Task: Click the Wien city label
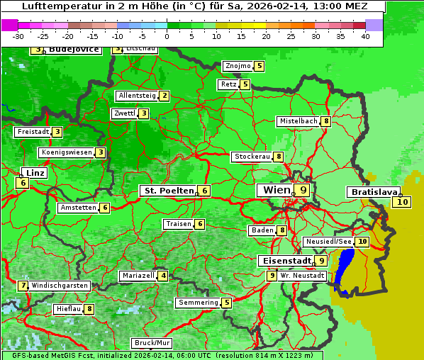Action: point(277,190)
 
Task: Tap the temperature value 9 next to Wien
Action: point(303,190)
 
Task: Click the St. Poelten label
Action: point(167,191)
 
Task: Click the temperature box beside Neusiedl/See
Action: point(362,242)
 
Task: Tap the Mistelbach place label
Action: point(298,121)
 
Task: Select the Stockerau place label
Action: point(252,157)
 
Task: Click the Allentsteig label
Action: point(137,96)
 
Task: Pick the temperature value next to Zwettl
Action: point(144,113)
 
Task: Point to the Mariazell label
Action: point(138,276)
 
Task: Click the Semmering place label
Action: point(199,303)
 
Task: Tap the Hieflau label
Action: point(68,309)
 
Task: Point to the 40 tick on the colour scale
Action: point(365,35)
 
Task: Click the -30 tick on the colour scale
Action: point(18,35)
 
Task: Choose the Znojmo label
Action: point(238,66)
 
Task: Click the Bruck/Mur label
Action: point(152,343)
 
